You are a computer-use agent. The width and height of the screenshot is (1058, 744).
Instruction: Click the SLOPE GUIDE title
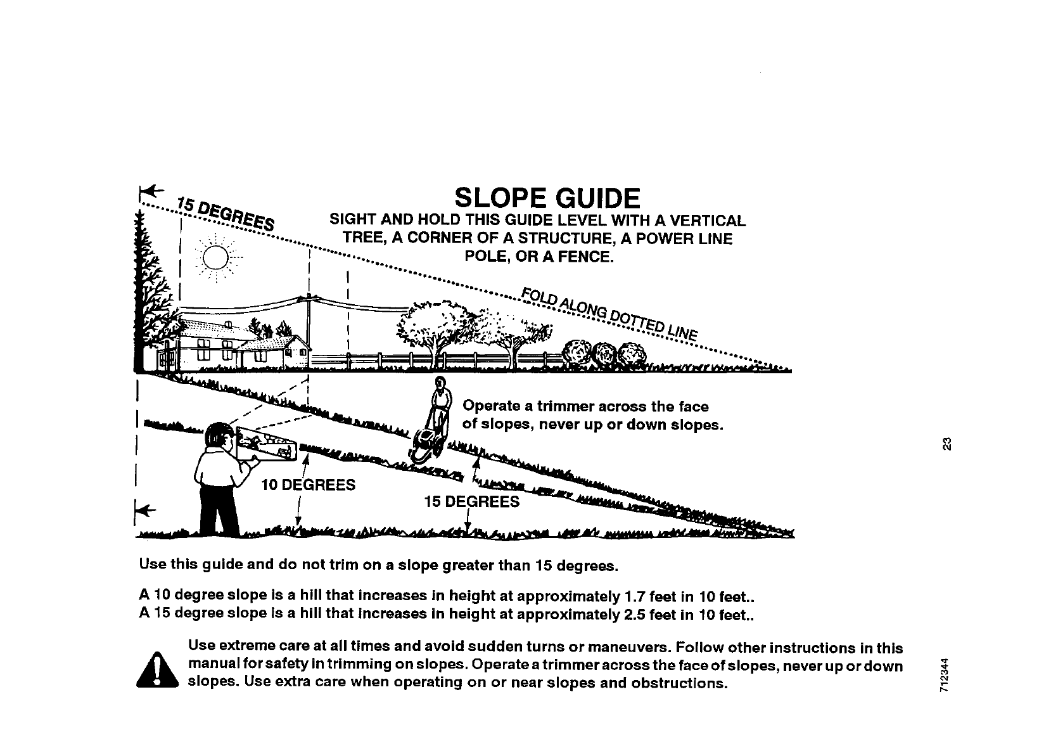547,198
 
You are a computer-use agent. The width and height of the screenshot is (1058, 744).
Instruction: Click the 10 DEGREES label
308,485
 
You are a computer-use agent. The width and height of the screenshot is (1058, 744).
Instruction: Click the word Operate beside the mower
492,406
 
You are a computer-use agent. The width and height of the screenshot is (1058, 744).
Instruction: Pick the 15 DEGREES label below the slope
471,502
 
